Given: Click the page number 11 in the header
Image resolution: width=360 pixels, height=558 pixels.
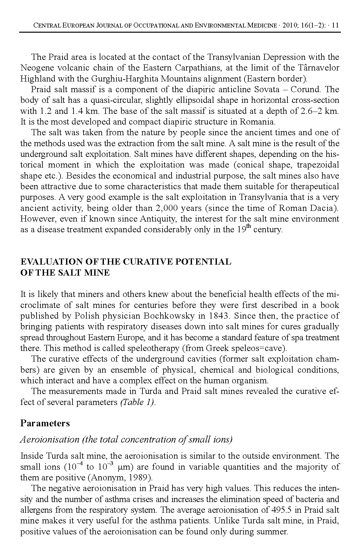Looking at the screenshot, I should [x=335, y=26].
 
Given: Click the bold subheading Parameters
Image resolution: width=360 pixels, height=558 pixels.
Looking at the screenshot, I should [x=45, y=423].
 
